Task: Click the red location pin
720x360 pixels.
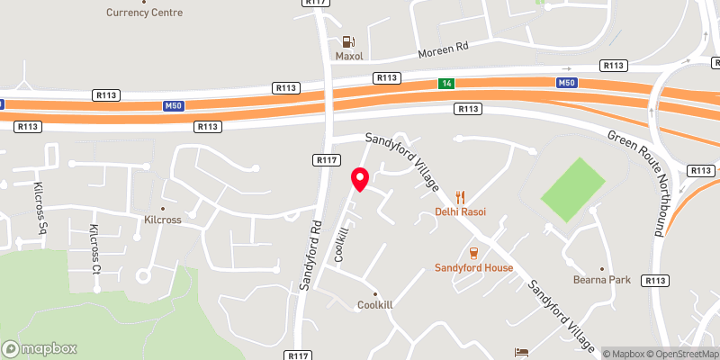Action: tap(359, 179)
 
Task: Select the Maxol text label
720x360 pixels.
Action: tap(348, 56)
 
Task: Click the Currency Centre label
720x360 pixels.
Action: tap(144, 13)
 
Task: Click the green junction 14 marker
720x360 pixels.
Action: tap(445, 83)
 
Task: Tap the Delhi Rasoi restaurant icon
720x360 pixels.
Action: tap(460, 196)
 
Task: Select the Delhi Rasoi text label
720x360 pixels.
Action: tap(460, 212)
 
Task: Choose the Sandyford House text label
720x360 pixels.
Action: tap(473, 267)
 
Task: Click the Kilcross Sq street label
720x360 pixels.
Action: tap(40, 208)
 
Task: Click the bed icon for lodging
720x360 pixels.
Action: tap(520, 351)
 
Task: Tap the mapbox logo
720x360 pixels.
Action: tap(40, 348)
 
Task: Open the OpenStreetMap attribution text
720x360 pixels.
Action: tap(680, 354)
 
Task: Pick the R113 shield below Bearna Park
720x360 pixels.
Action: tap(655, 281)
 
